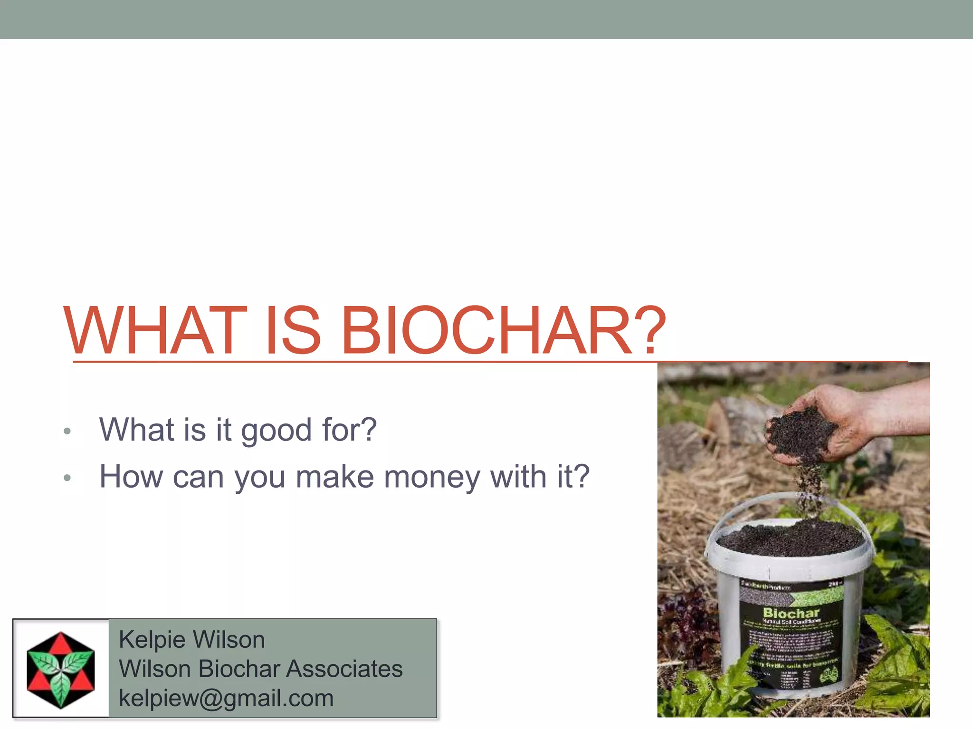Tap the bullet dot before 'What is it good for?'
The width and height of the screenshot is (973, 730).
click(67, 432)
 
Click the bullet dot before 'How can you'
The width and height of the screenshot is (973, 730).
click(67, 478)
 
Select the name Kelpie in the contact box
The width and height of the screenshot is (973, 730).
click(152, 640)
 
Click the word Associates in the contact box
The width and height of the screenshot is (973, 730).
click(345, 669)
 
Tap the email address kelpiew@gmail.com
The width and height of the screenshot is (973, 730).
click(226, 698)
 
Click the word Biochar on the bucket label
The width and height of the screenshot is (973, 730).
click(791, 613)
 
